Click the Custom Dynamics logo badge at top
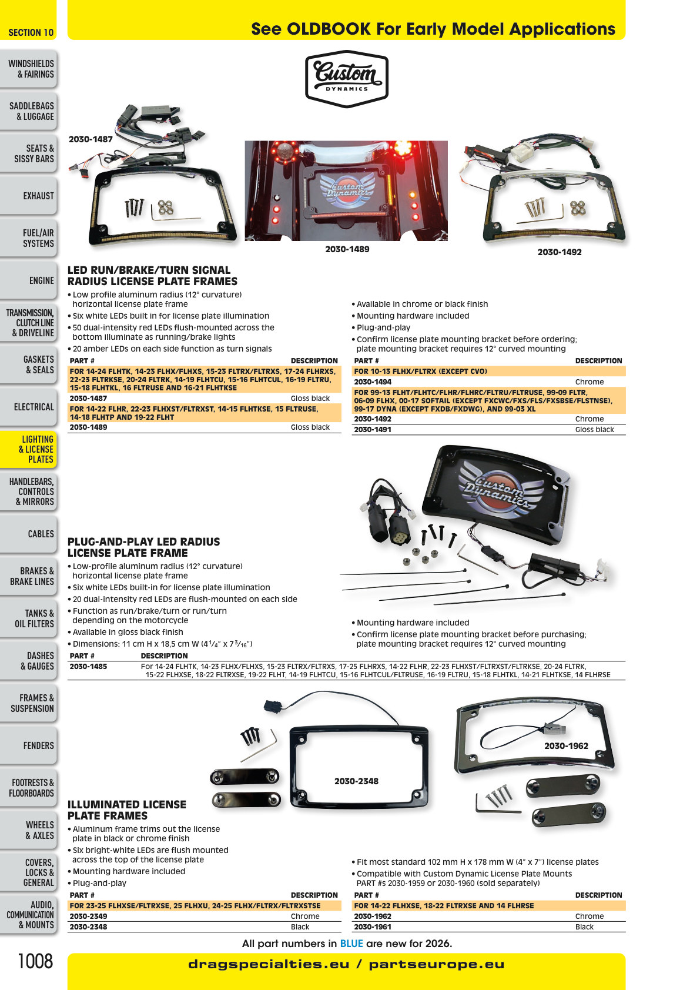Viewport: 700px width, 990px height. point(346,79)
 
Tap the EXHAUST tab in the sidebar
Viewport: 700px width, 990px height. point(29,196)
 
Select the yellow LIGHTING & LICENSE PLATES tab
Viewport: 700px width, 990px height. point(29,449)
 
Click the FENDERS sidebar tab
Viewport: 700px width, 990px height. point(29,745)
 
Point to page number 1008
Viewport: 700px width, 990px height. point(35,961)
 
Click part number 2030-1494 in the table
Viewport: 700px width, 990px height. point(373,382)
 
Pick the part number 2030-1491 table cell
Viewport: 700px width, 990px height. point(373,430)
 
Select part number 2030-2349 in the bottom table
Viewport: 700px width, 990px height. point(88,916)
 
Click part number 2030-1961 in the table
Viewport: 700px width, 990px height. point(373,927)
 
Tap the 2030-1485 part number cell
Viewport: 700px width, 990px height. point(88,667)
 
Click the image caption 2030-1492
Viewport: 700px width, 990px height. point(560,252)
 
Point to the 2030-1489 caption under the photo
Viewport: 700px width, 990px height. point(347,249)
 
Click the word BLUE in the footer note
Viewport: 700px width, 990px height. point(351,944)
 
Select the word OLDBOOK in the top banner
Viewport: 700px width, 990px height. point(329,29)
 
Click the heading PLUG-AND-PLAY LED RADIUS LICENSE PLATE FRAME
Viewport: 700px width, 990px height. point(143,547)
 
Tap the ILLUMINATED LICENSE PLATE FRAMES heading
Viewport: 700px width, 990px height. point(127,810)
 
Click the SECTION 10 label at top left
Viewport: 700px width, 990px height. point(31,33)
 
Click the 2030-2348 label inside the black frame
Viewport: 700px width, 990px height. point(356,781)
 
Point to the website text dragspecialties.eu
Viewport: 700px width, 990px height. point(269,964)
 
